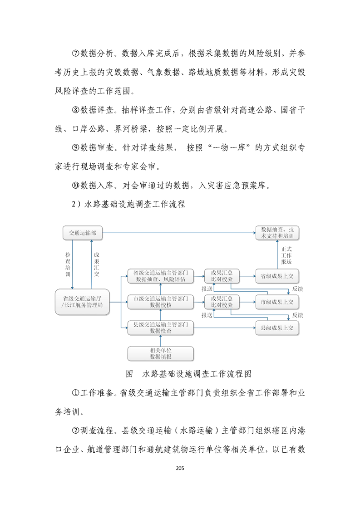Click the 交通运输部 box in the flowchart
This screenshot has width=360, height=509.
click(83, 233)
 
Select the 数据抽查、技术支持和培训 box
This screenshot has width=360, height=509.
click(277, 233)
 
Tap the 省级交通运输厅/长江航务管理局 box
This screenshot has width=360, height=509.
click(82, 302)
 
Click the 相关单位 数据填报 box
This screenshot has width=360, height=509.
click(160, 353)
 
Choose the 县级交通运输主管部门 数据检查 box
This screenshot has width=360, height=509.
click(160, 328)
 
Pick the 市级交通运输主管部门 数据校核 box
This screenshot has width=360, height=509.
click(160, 302)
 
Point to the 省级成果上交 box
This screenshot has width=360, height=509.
click(277, 276)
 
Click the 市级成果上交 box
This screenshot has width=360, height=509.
click(277, 302)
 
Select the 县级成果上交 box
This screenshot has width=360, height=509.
click(277, 328)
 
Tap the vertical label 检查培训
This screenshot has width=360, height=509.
click(68, 264)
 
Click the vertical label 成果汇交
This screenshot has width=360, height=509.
click(96, 264)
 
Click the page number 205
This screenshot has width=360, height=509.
click(180, 468)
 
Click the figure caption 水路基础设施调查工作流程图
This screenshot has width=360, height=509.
click(197, 374)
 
